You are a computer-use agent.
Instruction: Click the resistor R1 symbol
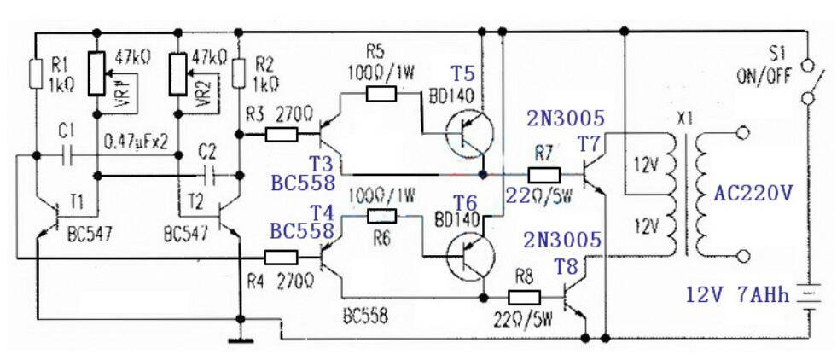pyautogui.click(x=35, y=73)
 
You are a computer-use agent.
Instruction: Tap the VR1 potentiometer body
pyautogui.click(x=96, y=74)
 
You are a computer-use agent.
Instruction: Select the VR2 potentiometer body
pyautogui.click(x=177, y=74)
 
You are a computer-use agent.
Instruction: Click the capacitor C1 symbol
pyautogui.click(x=67, y=155)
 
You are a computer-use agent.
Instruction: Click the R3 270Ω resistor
pyautogui.click(x=282, y=135)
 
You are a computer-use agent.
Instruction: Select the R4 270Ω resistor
pyautogui.click(x=282, y=258)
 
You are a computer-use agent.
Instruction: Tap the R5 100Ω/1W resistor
pyautogui.click(x=381, y=95)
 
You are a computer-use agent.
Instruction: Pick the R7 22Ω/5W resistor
pyautogui.click(x=544, y=175)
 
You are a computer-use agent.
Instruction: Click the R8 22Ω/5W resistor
pyautogui.click(x=524, y=297)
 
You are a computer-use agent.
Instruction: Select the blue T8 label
pyautogui.click(x=566, y=267)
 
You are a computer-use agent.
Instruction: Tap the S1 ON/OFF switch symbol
pyautogui.click(x=808, y=82)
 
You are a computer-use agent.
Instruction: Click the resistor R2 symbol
pyautogui.click(x=241, y=73)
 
